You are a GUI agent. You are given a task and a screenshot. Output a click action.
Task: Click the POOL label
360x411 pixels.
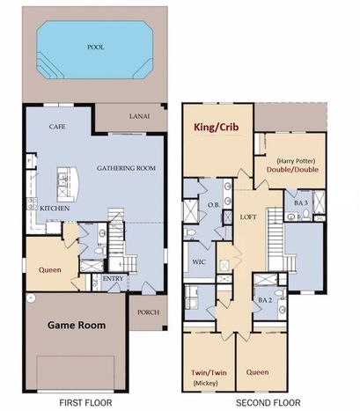[96, 47]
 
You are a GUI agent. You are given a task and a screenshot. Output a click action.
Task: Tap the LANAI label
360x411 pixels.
[139, 116]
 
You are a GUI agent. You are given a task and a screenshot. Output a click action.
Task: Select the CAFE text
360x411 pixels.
[57, 127]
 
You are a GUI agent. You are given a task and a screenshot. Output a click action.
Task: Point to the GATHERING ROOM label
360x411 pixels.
[126, 168]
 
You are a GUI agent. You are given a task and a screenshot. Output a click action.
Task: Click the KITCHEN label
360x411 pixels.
[55, 209]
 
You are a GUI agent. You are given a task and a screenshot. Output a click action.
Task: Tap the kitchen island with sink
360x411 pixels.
[68, 184]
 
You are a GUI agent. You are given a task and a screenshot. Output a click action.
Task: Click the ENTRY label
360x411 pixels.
[113, 278]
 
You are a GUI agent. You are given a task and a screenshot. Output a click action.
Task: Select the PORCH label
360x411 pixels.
[149, 312]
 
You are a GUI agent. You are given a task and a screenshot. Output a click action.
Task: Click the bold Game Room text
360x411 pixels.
[77, 325]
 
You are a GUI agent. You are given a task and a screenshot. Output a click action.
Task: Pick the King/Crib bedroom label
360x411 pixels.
[217, 127]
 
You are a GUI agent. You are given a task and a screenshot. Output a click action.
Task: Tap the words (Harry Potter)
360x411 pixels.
[296, 161]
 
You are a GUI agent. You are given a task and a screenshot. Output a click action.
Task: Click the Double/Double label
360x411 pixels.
[292, 169]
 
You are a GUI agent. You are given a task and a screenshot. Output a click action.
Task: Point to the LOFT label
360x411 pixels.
[248, 217]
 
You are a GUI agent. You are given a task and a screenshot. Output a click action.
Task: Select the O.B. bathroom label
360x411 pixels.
[214, 205]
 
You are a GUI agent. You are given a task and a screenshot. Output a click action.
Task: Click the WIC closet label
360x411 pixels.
[199, 261]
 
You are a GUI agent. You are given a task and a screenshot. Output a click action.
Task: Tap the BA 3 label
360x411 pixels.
[301, 202]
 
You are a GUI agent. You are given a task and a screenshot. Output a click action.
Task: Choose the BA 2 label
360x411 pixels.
[266, 300]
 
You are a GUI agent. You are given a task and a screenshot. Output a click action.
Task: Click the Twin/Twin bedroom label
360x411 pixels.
[209, 372]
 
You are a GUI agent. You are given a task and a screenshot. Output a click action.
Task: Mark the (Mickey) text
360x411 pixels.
[205, 383]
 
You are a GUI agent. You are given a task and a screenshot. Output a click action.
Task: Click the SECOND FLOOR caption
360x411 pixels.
[268, 403]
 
